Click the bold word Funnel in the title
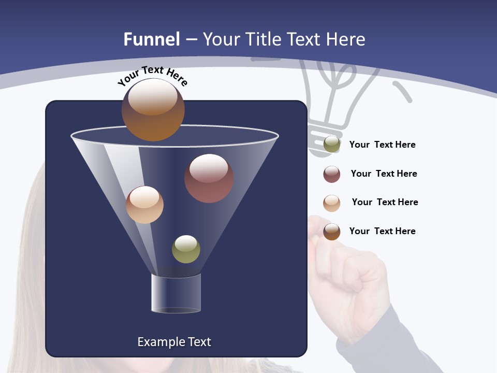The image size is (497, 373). pos(151,39)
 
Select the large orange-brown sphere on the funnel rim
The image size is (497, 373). pos(153,109)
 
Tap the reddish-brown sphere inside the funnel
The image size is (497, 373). pos(209,178)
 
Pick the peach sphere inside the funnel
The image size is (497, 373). pos(144,205)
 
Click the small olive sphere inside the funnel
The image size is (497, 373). pos(186,249)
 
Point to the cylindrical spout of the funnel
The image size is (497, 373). pos(176,293)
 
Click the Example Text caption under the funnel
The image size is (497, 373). pos(174,342)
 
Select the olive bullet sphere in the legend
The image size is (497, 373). pos(332,145)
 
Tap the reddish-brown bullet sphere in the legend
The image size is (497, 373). pos(332,174)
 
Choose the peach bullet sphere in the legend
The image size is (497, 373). pos(332,203)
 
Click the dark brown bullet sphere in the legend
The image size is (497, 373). pos(332,232)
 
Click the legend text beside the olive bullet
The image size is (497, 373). pos(382,145)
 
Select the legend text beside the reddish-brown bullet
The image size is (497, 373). pos(384,174)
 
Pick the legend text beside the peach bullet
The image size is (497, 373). pos(385,203)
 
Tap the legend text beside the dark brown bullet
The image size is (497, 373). pos(382,231)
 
